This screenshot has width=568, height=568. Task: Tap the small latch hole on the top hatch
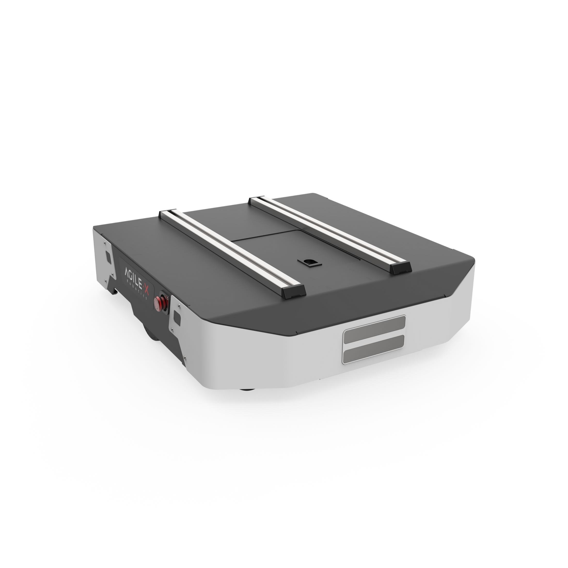point(309,261)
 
